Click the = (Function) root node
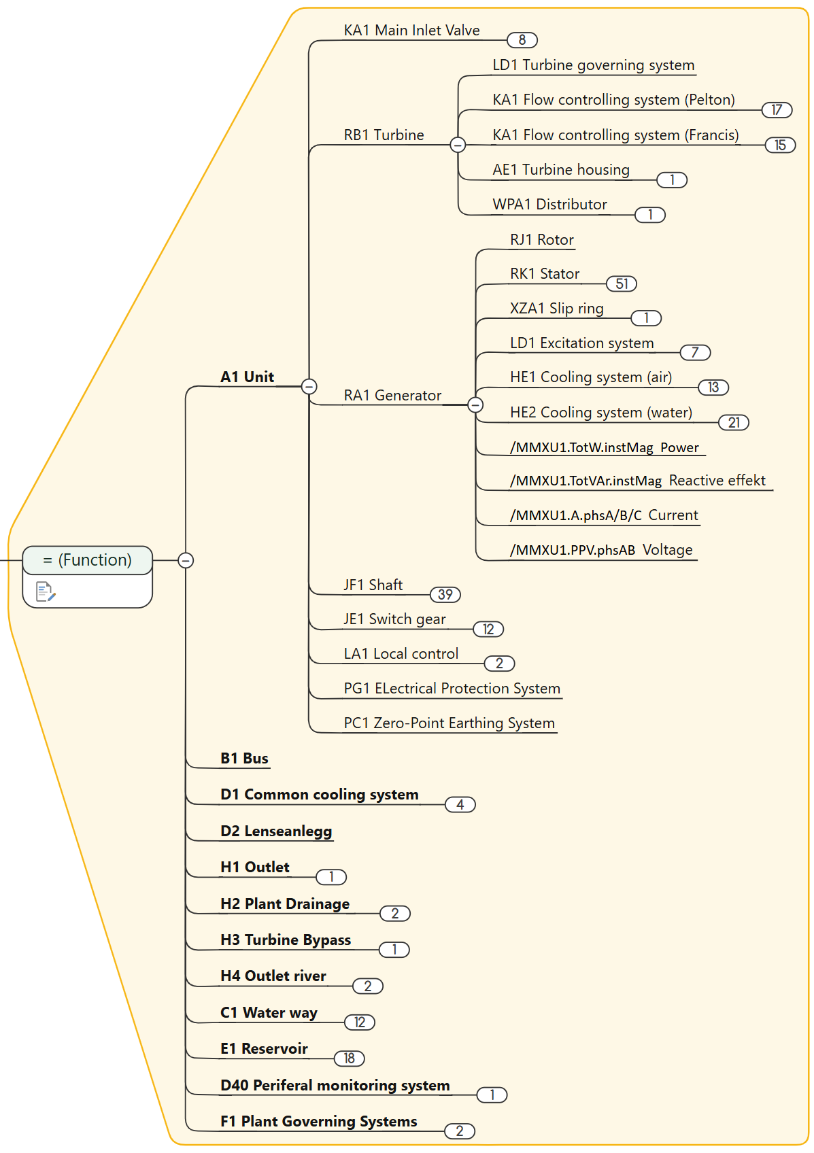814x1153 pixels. click(87, 560)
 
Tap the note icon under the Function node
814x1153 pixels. click(46, 591)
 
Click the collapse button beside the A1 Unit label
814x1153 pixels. click(309, 386)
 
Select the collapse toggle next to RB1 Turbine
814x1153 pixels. click(458, 144)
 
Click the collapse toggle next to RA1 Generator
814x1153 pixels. click(476, 405)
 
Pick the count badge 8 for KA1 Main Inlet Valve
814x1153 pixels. click(522, 40)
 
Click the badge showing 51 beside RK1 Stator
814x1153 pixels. click(621, 283)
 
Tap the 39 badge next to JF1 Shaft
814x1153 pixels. click(445, 595)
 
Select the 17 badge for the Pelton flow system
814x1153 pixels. click(777, 110)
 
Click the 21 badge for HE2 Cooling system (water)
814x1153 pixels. click(734, 423)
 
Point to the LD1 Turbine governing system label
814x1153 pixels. click(593, 65)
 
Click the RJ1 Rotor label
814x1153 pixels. click(541, 240)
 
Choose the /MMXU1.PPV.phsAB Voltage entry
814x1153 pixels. click(601, 550)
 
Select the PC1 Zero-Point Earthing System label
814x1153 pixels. click(449, 723)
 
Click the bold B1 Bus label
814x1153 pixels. click(244, 759)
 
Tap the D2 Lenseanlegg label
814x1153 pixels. click(276, 831)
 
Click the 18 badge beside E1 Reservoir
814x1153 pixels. click(350, 1059)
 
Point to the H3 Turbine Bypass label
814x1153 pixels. click(286, 940)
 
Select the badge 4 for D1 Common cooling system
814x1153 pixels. click(460, 805)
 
